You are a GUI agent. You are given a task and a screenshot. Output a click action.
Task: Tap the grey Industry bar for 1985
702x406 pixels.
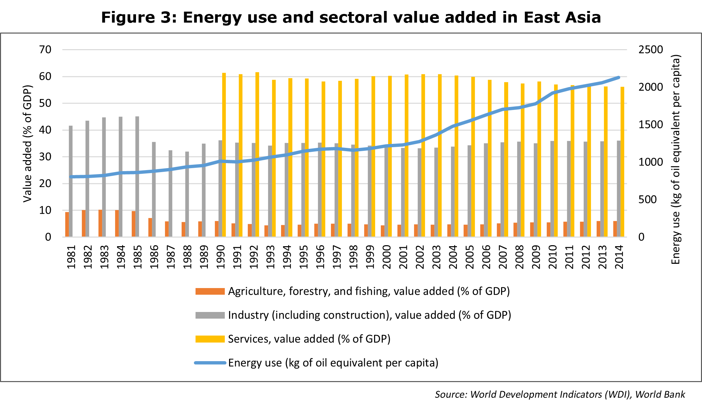[x=137, y=176]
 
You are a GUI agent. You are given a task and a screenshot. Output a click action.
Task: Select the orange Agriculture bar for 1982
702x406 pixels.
[x=83, y=223]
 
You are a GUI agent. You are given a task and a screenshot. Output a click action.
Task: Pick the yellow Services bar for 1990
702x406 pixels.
[x=224, y=155]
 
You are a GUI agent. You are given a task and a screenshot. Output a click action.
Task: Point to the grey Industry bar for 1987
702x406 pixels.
[x=170, y=193]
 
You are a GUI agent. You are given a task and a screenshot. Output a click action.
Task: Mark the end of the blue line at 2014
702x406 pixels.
[x=619, y=77]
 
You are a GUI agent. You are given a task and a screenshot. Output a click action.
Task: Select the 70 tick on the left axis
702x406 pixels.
[x=45, y=50]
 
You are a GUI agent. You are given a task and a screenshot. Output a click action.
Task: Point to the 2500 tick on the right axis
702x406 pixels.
[x=650, y=50]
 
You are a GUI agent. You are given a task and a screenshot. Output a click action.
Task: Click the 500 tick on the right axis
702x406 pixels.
[x=647, y=199]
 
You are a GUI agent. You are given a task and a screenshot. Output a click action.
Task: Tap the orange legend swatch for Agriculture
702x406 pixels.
[x=210, y=291]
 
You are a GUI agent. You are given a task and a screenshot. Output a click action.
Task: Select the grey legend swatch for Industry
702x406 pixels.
[x=210, y=315]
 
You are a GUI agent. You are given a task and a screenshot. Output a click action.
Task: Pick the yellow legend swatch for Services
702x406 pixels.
[x=210, y=339]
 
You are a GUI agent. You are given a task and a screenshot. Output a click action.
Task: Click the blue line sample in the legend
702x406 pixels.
[x=210, y=363]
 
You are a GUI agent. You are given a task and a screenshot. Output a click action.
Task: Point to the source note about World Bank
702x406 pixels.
[x=560, y=394]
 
